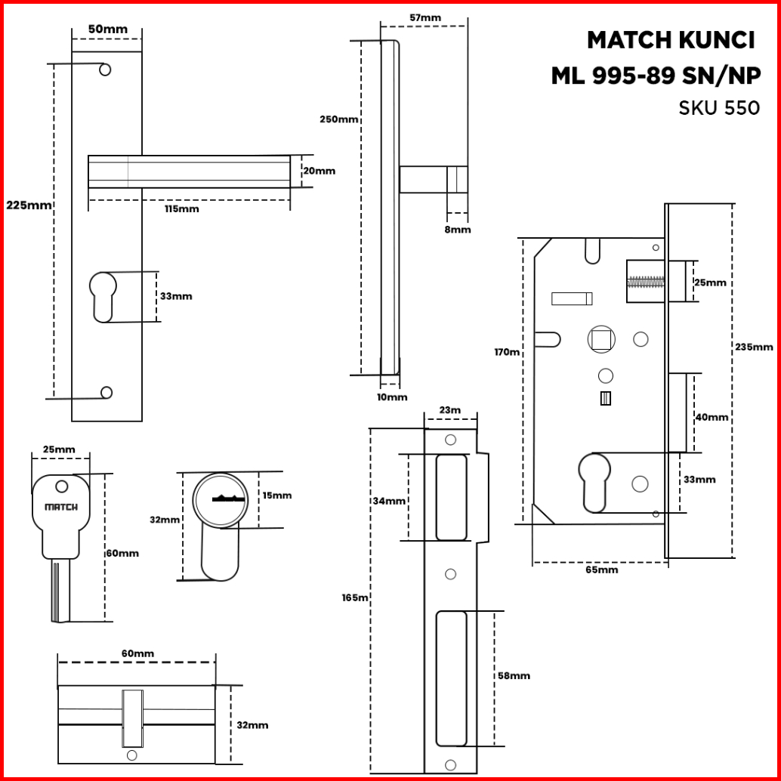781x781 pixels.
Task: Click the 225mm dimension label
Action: tap(29, 205)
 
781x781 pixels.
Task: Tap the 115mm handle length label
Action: tap(182, 209)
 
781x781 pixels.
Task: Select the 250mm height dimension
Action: tap(338, 119)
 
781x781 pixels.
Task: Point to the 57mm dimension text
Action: tap(425, 18)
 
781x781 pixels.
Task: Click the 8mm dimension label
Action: tap(457, 230)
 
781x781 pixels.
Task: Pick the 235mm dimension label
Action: tap(754, 347)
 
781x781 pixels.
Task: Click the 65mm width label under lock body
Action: tap(602, 570)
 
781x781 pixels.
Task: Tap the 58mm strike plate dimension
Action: tap(514, 676)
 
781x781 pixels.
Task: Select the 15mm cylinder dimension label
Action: tap(277, 495)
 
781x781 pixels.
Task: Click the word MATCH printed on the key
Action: tap(61, 507)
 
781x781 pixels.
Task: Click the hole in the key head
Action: tap(62, 486)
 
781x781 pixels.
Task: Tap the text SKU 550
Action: tap(719, 108)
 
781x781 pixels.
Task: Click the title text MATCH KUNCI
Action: tap(671, 40)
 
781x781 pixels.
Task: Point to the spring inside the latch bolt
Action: tap(646, 282)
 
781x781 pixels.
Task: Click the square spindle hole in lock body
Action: tap(601, 340)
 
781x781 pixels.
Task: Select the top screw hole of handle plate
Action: tap(105, 69)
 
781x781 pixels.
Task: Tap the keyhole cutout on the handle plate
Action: tap(103, 297)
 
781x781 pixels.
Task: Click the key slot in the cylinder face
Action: tap(227, 498)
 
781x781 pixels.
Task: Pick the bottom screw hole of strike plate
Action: tap(450, 765)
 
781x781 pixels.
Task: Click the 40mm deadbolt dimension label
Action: tap(712, 418)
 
